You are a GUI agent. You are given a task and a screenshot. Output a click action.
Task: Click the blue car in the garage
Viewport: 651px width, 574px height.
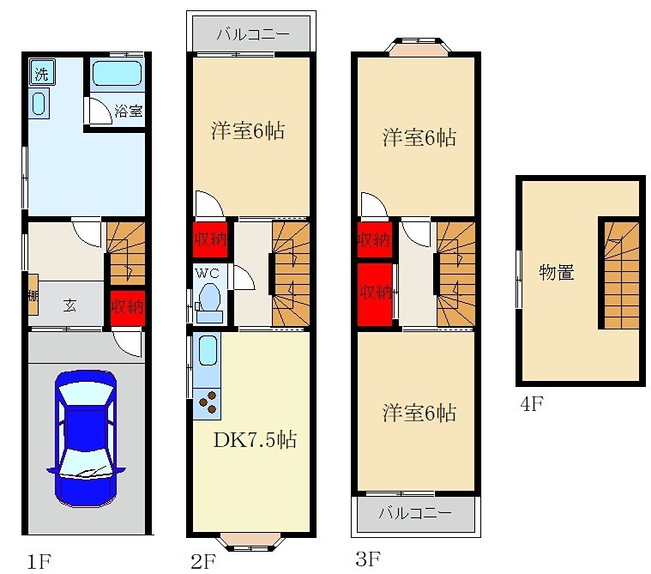coord(85,437)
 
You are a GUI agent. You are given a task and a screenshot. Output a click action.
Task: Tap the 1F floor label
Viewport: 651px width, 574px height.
coord(39,562)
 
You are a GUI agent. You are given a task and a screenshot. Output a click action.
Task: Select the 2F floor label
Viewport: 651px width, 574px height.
coord(203,562)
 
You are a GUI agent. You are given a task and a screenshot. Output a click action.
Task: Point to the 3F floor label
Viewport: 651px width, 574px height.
coord(368,560)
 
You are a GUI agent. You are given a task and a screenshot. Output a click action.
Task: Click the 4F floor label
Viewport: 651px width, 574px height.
coord(532,403)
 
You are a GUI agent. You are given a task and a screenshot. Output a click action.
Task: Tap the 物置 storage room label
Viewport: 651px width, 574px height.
coord(556,273)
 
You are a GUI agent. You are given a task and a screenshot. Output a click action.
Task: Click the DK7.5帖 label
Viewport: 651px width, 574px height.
coord(255,440)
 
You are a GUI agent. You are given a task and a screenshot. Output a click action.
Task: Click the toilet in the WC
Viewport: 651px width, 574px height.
coord(208,303)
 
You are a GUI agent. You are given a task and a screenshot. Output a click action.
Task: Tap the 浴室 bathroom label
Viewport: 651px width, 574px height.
coord(129,111)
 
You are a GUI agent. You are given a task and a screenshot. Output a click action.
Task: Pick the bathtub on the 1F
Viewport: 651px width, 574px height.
coord(116,74)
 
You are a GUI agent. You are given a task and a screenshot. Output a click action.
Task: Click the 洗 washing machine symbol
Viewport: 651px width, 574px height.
coord(40,73)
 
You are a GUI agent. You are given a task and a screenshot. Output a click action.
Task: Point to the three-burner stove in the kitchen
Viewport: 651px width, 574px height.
coord(208,402)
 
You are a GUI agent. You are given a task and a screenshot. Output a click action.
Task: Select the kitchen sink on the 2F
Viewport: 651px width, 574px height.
coord(208,352)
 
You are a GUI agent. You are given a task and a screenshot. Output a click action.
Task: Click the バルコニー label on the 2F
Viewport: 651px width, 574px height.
coord(251,35)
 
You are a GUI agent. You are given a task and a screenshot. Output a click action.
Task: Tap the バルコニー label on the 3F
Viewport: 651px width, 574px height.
coord(415,515)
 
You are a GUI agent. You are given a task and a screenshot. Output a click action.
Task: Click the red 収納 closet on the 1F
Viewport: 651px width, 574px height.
coord(126,305)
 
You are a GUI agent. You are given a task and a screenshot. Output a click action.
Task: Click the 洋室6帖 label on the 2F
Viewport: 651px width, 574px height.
coord(249,132)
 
